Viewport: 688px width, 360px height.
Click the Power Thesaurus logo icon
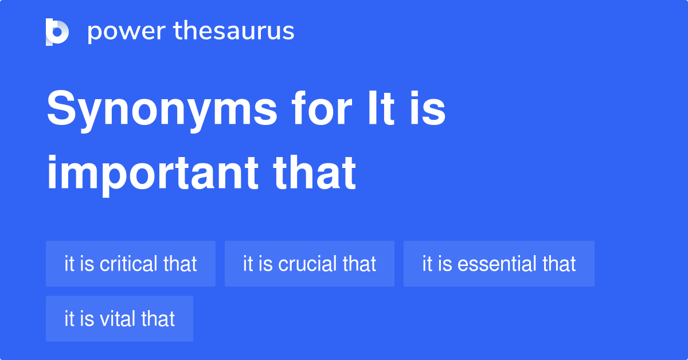[57, 32]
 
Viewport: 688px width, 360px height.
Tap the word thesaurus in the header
[234, 30]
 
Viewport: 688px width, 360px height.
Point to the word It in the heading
[381, 108]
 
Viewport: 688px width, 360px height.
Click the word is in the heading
[428, 108]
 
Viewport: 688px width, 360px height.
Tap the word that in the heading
[315, 173]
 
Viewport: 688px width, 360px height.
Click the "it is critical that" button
[131, 264]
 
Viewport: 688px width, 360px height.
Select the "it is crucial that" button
[309, 264]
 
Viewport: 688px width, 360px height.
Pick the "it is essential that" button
[499, 264]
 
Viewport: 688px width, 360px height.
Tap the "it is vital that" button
[119, 319]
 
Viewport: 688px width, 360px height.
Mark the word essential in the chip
[498, 264]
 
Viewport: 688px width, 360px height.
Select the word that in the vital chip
[158, 319]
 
